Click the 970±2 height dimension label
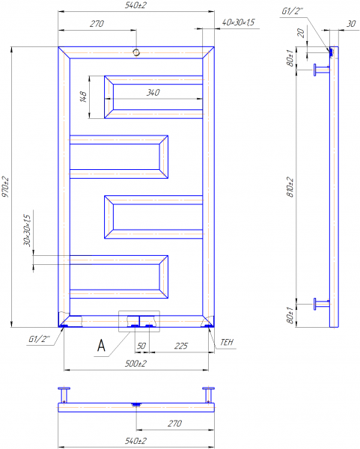5,186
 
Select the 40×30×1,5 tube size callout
238,22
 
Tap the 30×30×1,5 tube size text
27,230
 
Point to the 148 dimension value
83,97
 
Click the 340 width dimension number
153,93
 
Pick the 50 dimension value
141,346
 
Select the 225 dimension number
181,346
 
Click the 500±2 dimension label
135,364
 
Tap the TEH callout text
227,342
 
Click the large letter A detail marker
101,345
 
